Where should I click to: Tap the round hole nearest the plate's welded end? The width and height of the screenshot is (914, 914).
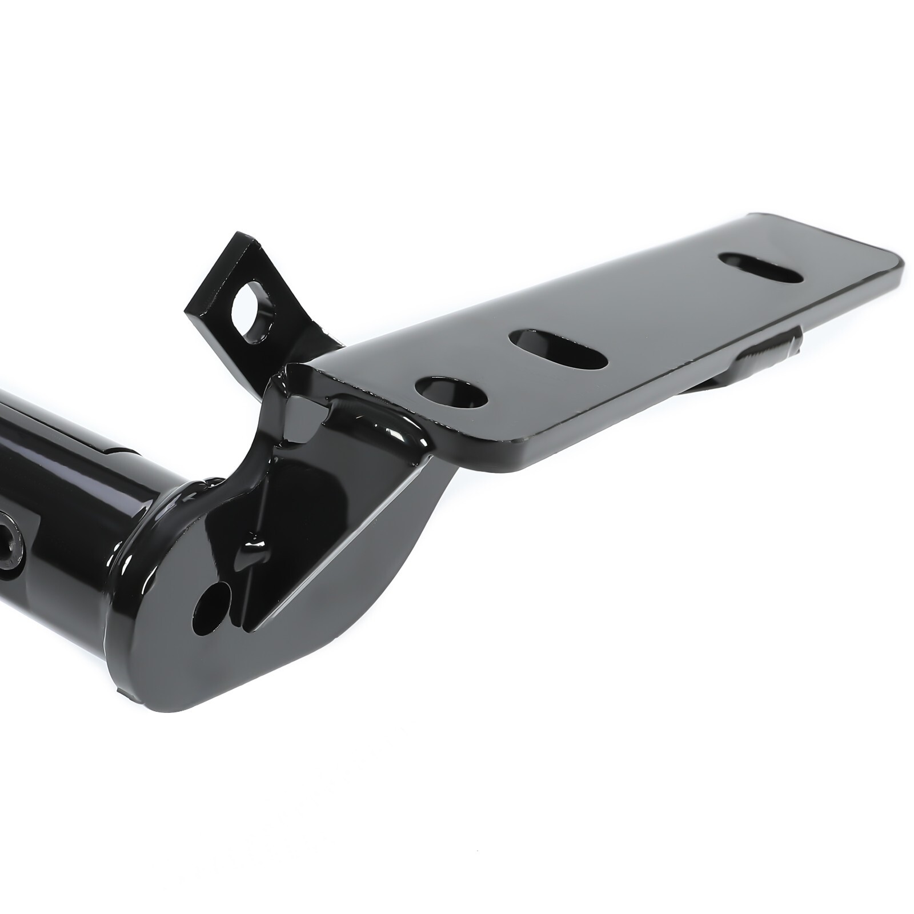452,391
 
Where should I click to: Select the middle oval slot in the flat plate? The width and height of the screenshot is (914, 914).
559,348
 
